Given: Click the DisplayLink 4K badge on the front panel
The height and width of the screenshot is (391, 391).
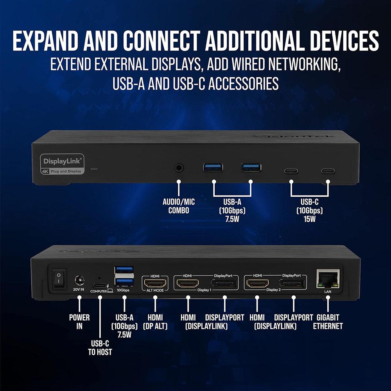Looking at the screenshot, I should point(62,163).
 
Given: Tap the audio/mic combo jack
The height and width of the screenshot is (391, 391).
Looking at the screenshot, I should point(179,168).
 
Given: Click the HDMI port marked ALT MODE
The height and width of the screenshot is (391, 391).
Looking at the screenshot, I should point(155,282).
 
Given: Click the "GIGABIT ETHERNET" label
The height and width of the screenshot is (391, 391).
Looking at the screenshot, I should point(328,321).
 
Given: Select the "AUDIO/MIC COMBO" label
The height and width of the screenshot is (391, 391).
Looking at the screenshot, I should point(179,206).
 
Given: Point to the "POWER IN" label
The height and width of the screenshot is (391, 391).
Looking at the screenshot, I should point(79,321).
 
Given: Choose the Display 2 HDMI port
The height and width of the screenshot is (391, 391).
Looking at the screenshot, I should point(257,283).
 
